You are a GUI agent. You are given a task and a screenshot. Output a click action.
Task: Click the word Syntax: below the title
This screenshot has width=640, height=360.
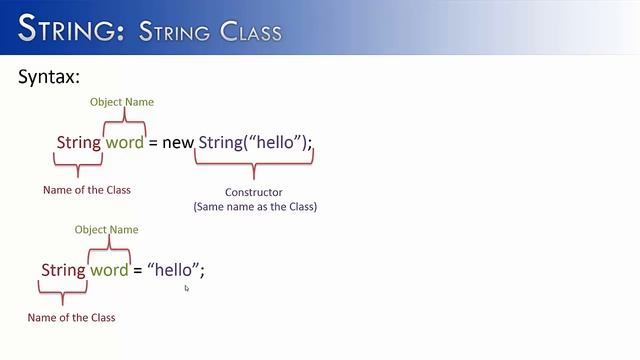click(49, 76)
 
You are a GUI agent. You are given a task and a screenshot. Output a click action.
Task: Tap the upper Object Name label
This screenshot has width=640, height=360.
click(122, 102)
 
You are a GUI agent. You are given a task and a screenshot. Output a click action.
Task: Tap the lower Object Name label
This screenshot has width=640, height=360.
click(106, 230)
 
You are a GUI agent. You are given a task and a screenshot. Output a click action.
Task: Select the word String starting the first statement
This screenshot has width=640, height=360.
click(79, 143)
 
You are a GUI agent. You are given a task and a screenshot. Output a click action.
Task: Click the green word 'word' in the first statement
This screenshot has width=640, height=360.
click(125, 143)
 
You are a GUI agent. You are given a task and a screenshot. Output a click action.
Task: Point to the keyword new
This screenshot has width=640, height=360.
click(178, 143)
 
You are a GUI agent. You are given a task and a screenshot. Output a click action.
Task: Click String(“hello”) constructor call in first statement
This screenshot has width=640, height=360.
click(251, 143)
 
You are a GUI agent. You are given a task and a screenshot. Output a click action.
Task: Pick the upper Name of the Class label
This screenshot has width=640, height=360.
click(86, 190)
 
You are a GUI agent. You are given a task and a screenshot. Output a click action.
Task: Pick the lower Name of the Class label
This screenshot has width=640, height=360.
click(71, 318)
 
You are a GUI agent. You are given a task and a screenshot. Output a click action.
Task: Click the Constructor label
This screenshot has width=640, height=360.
click(254, 192)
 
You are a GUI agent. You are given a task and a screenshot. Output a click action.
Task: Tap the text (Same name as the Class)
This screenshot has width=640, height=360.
click(254, 207)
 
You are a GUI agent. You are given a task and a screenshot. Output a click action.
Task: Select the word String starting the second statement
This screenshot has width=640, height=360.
click(63, 270)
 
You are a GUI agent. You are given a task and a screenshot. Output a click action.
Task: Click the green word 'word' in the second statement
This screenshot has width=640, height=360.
click(109, 270)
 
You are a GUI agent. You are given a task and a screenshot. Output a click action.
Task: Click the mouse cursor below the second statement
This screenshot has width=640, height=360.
click(187, 289)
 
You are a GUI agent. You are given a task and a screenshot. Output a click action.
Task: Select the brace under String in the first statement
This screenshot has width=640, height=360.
click(79, 166)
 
